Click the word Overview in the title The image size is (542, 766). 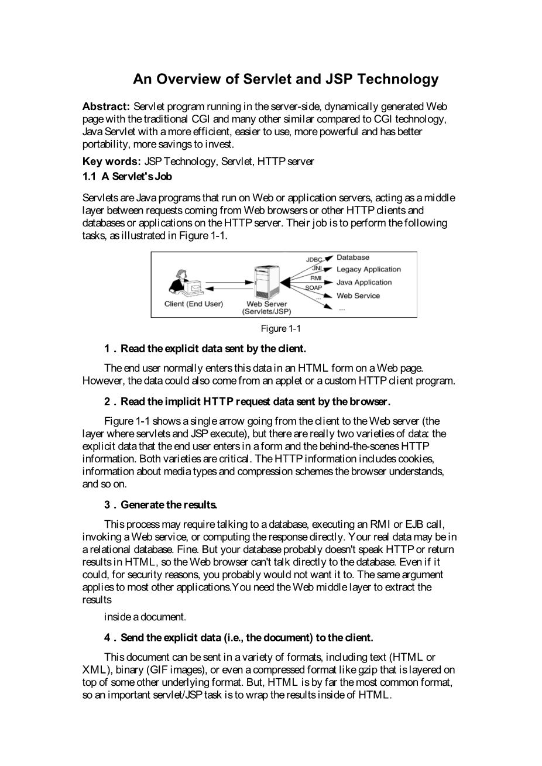(194, 79)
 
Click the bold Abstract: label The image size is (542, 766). (106, 107)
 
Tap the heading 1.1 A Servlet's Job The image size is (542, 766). (127, 176)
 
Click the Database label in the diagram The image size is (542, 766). (352, 257)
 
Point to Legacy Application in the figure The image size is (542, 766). (368, 270)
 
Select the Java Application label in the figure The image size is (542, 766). (363, 283)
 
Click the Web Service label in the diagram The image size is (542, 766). (358, 296)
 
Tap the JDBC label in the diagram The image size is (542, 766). (314, 259)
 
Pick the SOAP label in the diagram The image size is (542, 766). (314, 287)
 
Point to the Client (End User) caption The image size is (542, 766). (194, 304)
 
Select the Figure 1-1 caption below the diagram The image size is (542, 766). (284, 329)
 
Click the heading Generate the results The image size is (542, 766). (169, 504)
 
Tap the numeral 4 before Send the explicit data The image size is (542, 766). (108, 637)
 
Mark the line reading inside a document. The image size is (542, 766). (145, 617)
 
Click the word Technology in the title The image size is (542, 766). (397, 79)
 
